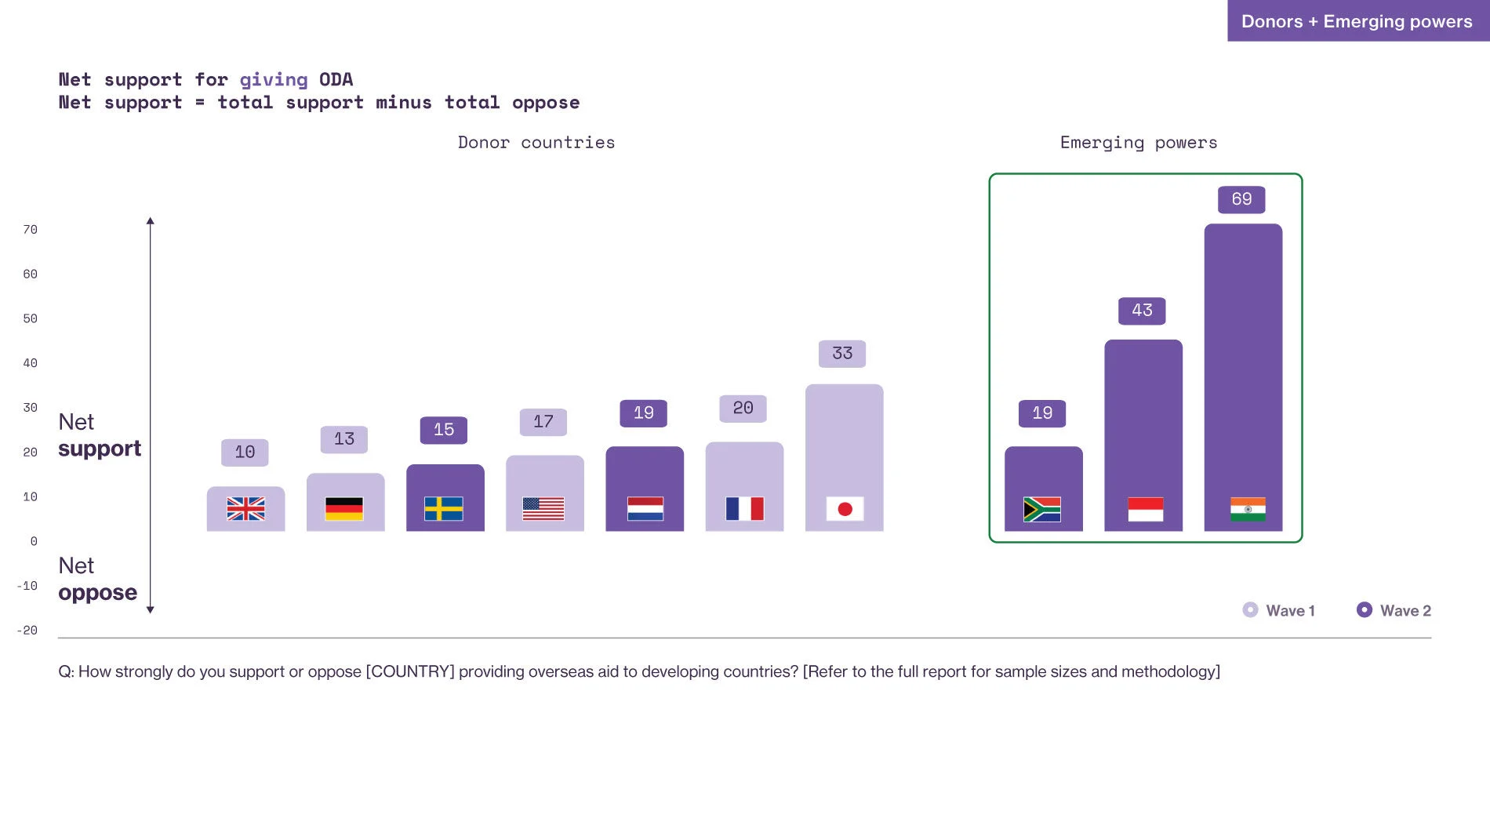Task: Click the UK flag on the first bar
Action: click(x=245, y=509)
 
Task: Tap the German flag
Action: click(x=344, y=509)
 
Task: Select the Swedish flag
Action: click(x=444, y=509)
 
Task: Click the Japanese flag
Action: click(x=845, y=509)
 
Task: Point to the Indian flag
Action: click(x=1248, y=510)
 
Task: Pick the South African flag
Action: click(x=1042, y=510)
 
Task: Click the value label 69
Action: click(x=1241, y=199)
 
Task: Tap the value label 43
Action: click(x=1142, y=311)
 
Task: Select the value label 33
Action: click(x=842, y=354)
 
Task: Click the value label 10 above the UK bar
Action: click(x=245, y=453)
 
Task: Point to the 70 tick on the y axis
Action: click(x=30, y=230)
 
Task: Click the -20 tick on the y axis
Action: click(x=27, y=631)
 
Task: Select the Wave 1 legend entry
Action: click(x=1279, y=610)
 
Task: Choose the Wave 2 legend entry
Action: click(x=1394, y=610)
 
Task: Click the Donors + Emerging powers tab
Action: click(x=1357, y=21)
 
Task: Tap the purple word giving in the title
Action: click(x=274, y=80)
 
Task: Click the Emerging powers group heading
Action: click(x=1139, y=143)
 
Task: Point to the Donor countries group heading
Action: click(x=536, y=143)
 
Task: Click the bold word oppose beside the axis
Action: click(x=98, y=593)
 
